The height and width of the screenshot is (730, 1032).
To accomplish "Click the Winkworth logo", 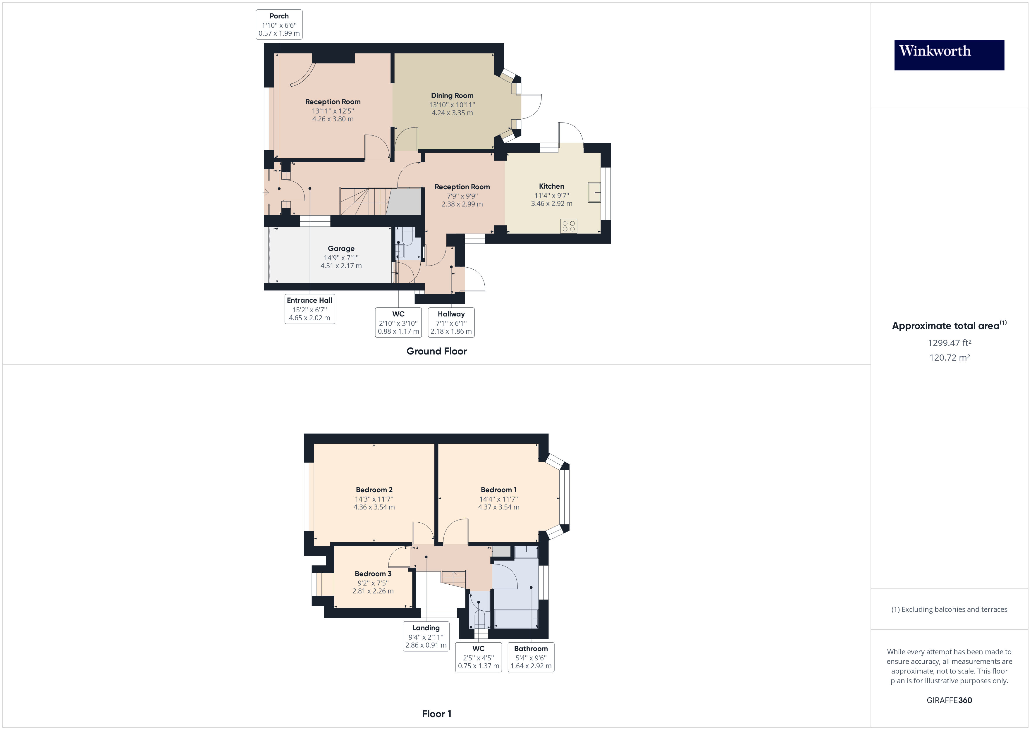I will pos(949,55).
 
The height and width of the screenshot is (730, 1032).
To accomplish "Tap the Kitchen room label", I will pos(551,186).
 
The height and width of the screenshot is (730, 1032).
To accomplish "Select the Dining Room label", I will pos(452,95).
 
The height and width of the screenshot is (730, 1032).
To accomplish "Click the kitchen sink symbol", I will pos(594,192).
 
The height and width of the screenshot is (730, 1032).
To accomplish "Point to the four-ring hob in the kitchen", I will pos(569,226).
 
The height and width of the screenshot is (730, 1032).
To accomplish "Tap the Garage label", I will pos(341,249).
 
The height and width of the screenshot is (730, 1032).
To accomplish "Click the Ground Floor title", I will pos(436,351).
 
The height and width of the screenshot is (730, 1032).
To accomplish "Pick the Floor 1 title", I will pos(436,714).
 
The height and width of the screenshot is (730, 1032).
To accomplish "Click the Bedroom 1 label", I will pos(498,490).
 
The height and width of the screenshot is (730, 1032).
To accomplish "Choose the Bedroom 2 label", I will pos(374,490).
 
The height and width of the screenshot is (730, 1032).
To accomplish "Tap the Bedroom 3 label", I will pos(373,574).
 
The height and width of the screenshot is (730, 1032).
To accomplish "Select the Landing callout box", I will pos(426,636).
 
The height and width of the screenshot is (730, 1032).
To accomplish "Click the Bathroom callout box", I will pos(531,657).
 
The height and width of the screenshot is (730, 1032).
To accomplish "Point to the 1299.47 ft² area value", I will pos(949,343).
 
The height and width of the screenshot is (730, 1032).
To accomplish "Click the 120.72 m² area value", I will pos(949,358).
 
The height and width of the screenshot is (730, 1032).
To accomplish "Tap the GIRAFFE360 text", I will pos(949,700).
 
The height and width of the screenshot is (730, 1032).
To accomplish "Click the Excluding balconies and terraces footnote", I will pos(949,610).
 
